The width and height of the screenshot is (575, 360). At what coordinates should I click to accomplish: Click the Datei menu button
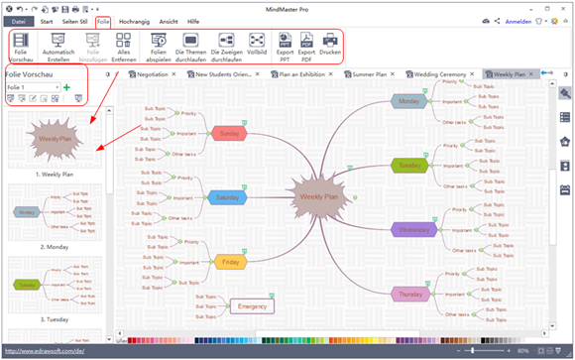(x=19, y=21)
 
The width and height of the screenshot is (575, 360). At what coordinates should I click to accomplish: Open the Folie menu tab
(x=103, y=20)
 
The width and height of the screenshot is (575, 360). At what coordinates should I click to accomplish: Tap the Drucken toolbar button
(x=333, y=47)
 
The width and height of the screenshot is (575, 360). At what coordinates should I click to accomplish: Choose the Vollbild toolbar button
(x=257, y=47)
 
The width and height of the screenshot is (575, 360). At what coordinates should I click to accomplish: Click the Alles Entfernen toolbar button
(x=124, y=47)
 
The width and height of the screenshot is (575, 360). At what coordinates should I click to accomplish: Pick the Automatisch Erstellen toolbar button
(x=57, y=47)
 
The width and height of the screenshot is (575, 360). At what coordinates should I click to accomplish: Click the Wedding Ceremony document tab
(x=444, y=74)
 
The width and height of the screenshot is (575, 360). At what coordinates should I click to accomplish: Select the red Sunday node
(x=228, y=133)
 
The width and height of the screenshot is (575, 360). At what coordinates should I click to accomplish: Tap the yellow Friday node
(x=229, y=263)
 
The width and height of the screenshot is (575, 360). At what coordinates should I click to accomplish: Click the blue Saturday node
(x=227, y=196)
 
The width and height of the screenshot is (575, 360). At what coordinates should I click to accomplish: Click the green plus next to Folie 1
(x=66, y=88)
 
